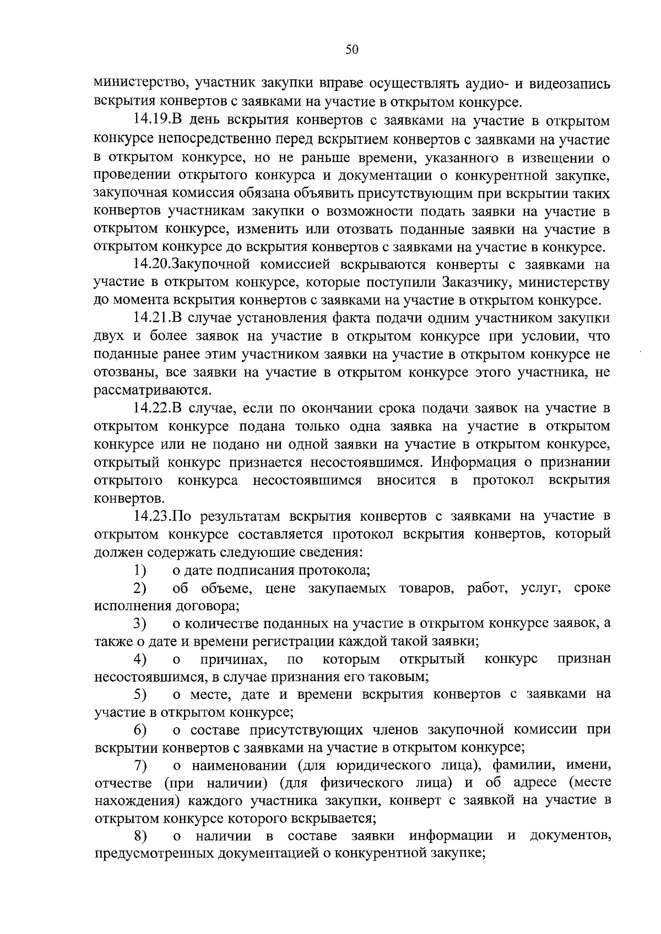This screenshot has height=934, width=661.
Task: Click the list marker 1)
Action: (x=140, y=570)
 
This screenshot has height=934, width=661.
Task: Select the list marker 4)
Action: (x=140, y=659)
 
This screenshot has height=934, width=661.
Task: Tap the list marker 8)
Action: (x=140, y=836)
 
